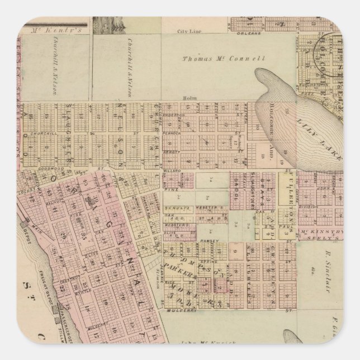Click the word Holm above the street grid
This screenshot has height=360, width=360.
point(187,98)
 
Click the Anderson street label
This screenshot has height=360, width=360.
point(174,115)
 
